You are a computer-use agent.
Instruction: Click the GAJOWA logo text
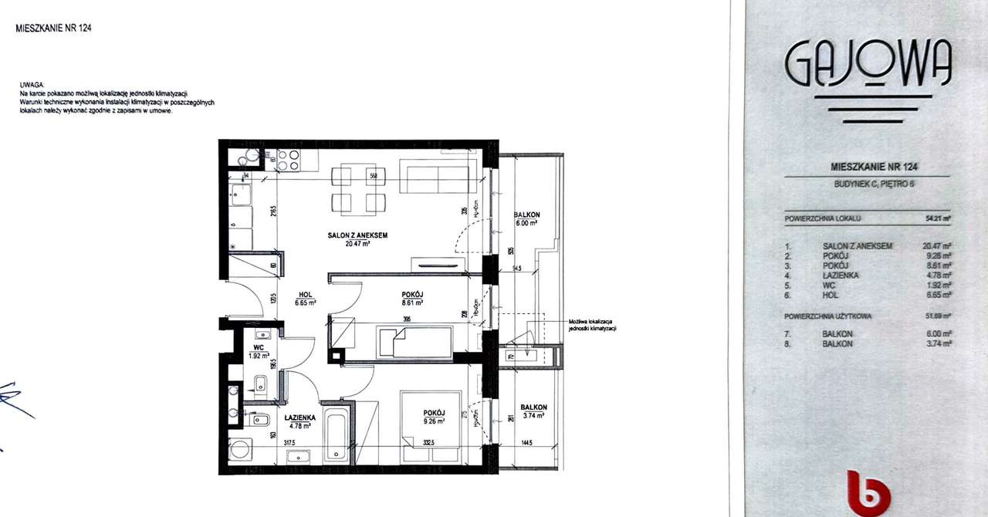point(868,65)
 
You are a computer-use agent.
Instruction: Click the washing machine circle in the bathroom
point(240,448)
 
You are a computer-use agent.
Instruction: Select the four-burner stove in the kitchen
point(287,160)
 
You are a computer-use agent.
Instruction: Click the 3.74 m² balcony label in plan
point(533,411)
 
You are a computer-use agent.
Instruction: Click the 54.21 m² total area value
point(938,218)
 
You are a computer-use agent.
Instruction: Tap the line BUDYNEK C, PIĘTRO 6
point(868,184)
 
